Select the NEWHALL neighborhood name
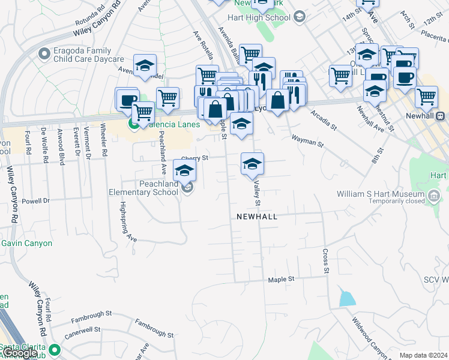pos(257,217)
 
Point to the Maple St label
pos(282,280)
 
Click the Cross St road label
pos(326,262)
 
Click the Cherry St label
pos(194,158)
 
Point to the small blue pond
pos(346,298)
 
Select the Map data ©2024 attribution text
pos(424,355)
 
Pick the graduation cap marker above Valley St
pos(252,164)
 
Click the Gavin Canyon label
pos(27,244)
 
